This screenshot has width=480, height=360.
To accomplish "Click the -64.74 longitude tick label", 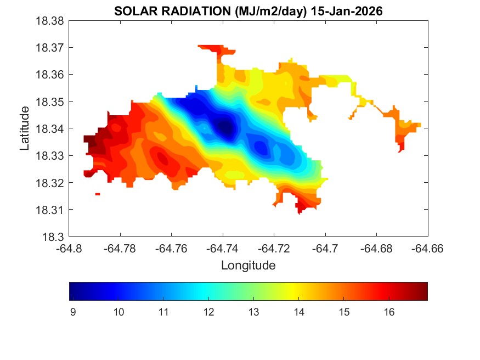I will coord(223,248).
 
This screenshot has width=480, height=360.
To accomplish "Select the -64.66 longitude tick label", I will coord(428,248).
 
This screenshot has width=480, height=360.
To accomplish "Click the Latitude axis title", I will coord(25,128).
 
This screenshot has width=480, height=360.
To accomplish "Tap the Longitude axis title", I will coord(248,266).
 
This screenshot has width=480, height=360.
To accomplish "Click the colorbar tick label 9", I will coord(73,312).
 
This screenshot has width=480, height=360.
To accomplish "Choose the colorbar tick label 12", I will coord(208,312).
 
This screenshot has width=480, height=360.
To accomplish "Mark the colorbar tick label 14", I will coord(298,312).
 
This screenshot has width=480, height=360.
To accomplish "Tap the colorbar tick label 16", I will coord(388,312).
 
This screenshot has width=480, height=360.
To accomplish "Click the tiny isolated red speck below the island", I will coord(97,194).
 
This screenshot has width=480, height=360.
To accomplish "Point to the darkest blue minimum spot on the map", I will coord(224,127).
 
